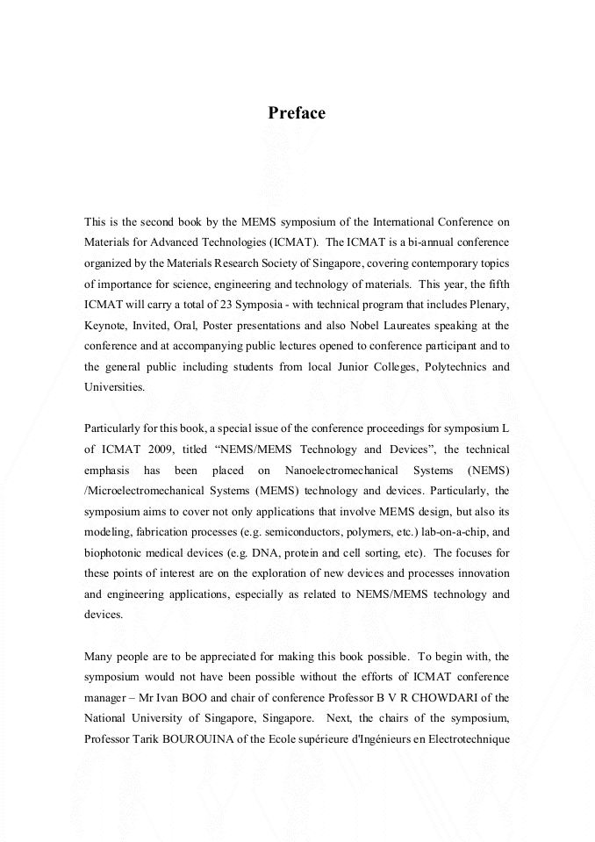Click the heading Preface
click(x=297, y=113)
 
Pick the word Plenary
click(x=487, y=305)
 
